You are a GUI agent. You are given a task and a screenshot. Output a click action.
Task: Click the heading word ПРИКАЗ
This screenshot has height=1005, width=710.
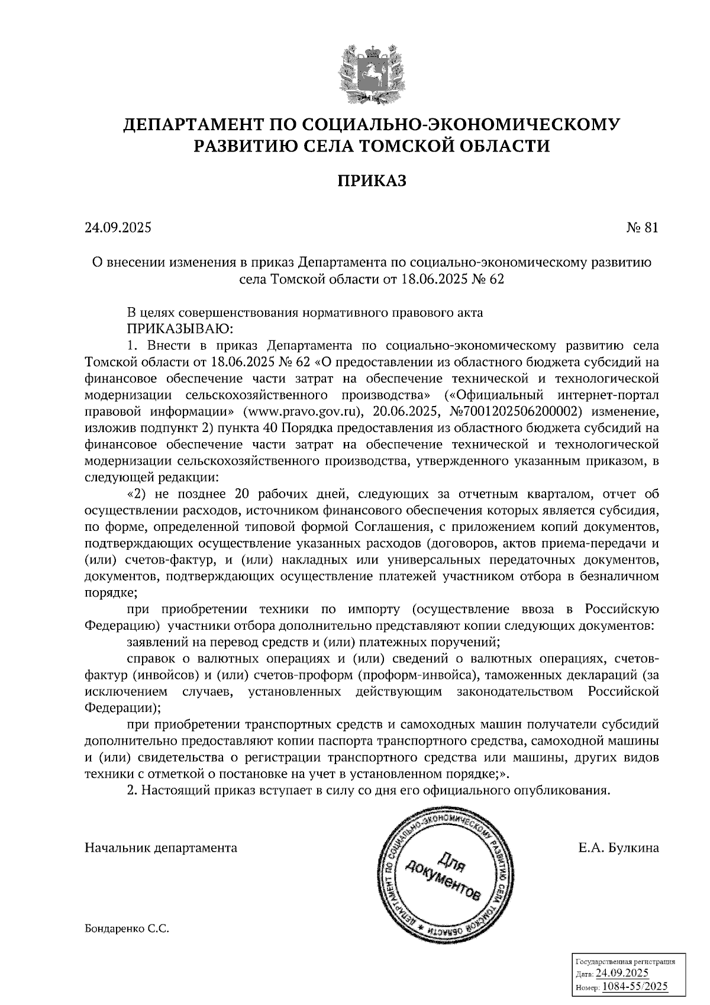pos(372,180)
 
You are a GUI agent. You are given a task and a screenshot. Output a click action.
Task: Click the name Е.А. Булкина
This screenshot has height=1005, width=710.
pos(618,848)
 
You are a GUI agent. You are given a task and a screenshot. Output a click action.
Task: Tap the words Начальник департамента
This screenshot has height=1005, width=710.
pos(161,848)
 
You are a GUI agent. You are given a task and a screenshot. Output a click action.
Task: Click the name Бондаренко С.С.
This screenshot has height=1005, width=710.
pos(127,929)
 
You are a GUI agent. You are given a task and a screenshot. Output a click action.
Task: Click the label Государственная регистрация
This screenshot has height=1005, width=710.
pos(625,962)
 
